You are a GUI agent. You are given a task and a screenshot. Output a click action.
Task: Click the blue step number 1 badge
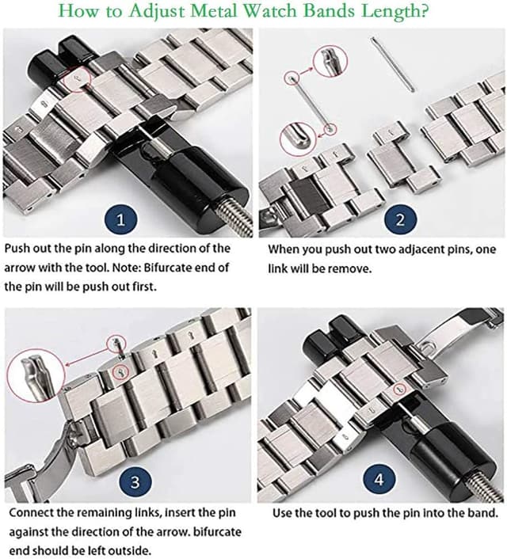pos(120,219)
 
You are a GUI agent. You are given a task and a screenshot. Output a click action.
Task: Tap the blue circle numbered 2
pos(399,219)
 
